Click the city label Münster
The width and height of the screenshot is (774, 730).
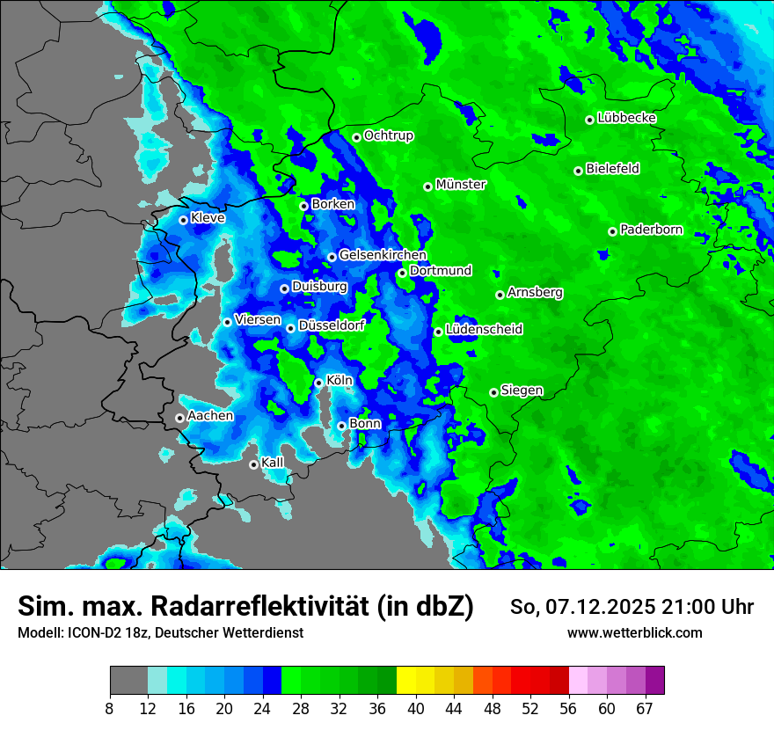click(461, 185)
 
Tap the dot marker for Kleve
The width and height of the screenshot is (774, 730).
click(183, 220)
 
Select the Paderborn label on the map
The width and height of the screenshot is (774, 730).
click(652, 230)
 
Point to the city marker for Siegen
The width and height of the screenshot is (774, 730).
click(494, 392)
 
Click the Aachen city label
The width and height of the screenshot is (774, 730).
click(210, 416)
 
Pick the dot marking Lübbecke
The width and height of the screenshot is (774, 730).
click(590, 120)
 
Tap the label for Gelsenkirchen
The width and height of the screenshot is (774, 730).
click(383, 256)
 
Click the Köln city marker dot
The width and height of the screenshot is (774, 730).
click(318, 383)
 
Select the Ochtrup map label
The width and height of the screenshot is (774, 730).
click(389, 136)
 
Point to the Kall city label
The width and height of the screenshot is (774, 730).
click(273, 463)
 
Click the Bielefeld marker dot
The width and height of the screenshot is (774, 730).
click(578, 171)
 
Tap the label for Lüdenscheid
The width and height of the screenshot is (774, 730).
click(484, 330)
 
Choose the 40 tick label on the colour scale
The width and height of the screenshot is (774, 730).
click(416, 709)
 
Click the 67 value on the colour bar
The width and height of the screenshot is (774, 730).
click(645, 709)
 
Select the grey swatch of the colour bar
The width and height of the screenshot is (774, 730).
click(128, 681)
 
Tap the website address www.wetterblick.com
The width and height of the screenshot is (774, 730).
click(634, 633)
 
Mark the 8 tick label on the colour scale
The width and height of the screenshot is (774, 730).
click(110, 709)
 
